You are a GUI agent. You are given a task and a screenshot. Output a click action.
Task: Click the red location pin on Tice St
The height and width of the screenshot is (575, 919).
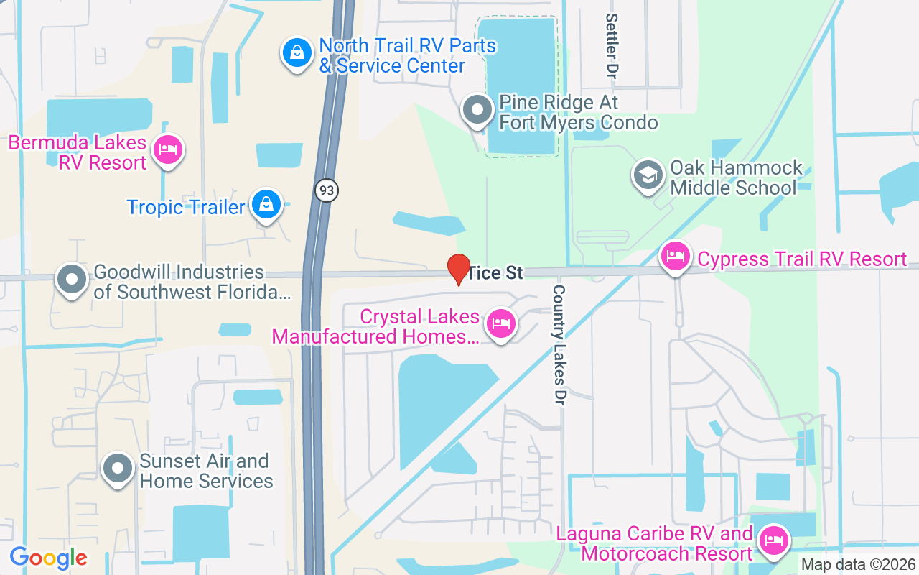point(459,269)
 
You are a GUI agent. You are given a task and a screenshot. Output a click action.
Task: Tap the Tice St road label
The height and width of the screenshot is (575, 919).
point(495,273)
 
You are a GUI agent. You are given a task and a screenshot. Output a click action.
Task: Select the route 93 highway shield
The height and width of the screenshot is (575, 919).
point(326,190)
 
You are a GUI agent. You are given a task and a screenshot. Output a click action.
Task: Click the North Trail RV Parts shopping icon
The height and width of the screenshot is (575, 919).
point(296,52)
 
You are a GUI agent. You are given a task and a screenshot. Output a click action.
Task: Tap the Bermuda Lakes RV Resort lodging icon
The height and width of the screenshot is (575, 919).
point(167,149)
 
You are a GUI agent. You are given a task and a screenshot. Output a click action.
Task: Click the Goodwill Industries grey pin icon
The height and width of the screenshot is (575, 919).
point(72,279)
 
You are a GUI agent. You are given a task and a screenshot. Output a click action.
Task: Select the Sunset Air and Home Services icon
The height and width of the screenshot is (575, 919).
point(117,469)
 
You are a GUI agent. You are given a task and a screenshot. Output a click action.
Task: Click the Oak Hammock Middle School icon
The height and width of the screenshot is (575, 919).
point(648,175)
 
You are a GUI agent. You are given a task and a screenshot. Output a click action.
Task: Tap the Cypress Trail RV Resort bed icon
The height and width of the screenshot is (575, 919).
point(676,255)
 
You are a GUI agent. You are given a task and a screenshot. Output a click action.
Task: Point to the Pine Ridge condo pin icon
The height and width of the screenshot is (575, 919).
point(477,110)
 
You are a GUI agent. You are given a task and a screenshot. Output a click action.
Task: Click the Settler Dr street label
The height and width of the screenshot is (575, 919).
point(612,45)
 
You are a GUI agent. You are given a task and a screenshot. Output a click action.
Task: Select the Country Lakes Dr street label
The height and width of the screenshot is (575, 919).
point(559,345)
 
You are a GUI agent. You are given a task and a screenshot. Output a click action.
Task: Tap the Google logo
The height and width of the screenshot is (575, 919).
point(48,558)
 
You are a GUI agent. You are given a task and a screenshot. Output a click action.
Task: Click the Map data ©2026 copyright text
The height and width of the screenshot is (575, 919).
point(857,564)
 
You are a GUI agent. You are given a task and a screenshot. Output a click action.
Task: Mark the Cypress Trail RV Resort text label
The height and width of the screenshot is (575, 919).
point(802,259)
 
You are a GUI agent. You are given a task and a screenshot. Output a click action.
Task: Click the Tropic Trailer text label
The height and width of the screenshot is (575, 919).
point(186,208)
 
